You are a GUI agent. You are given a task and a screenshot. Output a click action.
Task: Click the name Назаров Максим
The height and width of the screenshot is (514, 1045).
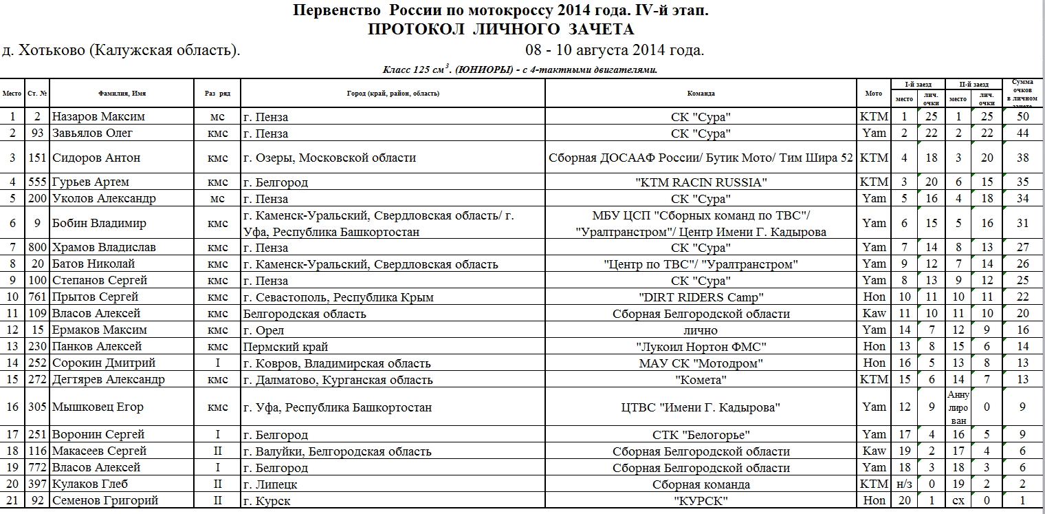tap(98, 116)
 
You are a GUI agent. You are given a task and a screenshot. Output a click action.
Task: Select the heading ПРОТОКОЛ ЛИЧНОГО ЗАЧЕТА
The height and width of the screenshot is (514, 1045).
tap(500, 30)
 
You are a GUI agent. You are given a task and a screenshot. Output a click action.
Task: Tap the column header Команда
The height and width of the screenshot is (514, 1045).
tap(701, 93)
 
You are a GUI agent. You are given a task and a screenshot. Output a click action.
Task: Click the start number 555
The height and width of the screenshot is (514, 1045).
tap(38, 182)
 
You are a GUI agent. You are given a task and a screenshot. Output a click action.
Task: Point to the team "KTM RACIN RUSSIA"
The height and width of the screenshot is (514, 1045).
tap(701, 182)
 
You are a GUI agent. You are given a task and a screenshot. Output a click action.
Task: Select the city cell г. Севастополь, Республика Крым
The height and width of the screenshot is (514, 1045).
tap(338, 297)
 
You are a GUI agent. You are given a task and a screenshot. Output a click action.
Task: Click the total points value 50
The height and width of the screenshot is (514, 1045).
tap(1022, 116)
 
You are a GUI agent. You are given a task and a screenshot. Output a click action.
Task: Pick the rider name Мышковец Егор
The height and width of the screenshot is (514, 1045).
tap(98, 407)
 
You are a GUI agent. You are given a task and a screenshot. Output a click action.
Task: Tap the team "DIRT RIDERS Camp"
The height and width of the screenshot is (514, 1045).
tap(701, 297)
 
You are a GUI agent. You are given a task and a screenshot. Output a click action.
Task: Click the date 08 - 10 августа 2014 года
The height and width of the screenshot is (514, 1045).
tap(614, 50)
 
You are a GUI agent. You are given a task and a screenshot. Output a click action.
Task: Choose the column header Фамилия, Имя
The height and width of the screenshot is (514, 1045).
tap(122, 93)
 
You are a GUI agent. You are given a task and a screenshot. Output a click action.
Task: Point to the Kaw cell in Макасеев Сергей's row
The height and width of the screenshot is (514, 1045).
tap(874, 451)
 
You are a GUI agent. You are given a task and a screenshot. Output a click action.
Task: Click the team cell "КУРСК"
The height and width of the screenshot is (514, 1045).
tap(701, 501)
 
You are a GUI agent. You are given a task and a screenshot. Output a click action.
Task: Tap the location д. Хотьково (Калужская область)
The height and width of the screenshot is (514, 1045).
tap(121, 50)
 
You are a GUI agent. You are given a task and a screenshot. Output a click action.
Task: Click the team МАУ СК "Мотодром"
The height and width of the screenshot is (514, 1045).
tap(701, 363)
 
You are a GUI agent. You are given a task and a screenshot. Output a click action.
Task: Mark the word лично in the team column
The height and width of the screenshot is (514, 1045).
tap(701, 330)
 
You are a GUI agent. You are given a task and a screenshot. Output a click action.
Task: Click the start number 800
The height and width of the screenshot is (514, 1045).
tap(38, 247)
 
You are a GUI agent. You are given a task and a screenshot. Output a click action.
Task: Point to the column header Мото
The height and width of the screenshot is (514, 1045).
tap(874, 93)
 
